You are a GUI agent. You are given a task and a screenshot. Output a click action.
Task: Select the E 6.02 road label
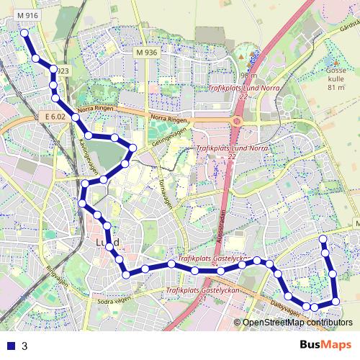click(x=54, y=116)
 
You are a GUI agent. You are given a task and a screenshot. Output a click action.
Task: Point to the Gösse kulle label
click(x=336, y=75)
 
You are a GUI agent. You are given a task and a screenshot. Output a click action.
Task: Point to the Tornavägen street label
click(x=166, y=190)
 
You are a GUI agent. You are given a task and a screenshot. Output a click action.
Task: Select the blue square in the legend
click(x=9, y=346)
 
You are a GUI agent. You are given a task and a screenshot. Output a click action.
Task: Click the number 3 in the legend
click(x=24, y=346)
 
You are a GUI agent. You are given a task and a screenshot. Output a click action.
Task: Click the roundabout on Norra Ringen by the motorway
click(x=236, y=122)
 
